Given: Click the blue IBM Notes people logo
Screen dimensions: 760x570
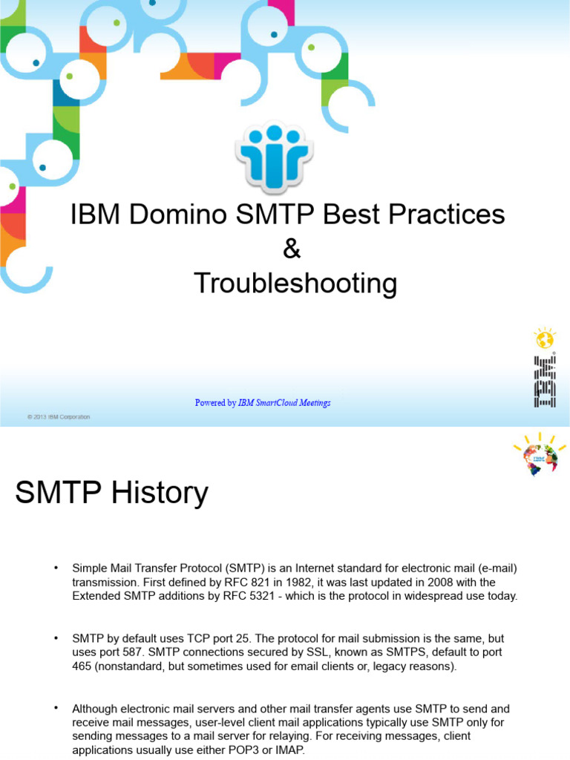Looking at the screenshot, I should coord(274,157).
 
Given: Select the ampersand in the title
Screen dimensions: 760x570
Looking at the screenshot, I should coord(292,249).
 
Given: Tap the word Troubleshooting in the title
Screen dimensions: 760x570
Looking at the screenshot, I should coord(295,284).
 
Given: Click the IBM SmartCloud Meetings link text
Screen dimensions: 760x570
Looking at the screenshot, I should coord(284,403).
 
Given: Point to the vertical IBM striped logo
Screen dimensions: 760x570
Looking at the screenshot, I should coord(545,381).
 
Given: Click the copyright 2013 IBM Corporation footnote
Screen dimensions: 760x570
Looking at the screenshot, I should coord(59,417).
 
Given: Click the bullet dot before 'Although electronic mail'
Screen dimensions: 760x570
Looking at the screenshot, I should coord(56,709).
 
